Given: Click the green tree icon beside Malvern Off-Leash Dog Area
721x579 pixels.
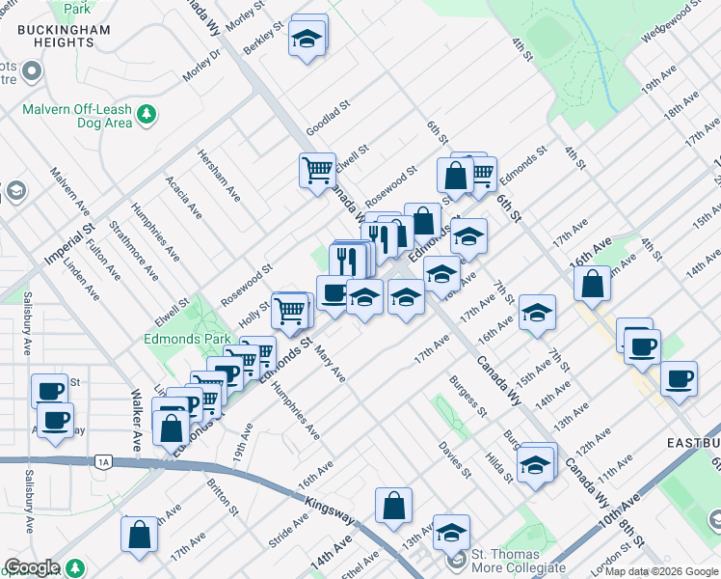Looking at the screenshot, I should point(147,116).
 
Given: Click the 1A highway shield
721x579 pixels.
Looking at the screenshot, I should point(103,462).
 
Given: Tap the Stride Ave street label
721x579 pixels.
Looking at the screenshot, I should point(288,531).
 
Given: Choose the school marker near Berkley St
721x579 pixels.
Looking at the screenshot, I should point(307,41).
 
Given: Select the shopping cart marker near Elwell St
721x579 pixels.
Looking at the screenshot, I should point(317,171).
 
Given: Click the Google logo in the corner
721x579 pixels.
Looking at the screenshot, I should point(32,568).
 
